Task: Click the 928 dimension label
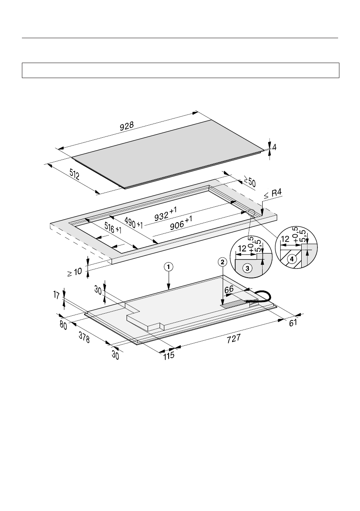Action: click(x=127, y=126)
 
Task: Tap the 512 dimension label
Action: click(x=75, y=175)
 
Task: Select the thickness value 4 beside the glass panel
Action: click(x=274, y=147)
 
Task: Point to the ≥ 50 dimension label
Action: click(x=250, y=181)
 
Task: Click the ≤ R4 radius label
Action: click(x=272, y=194)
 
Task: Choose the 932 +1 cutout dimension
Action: click(x=166, y=214)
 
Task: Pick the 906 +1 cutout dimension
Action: click(x=181, y=223)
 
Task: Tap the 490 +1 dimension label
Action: click(x=133, y=222)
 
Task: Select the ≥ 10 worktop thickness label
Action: click(x=75, y=272)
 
